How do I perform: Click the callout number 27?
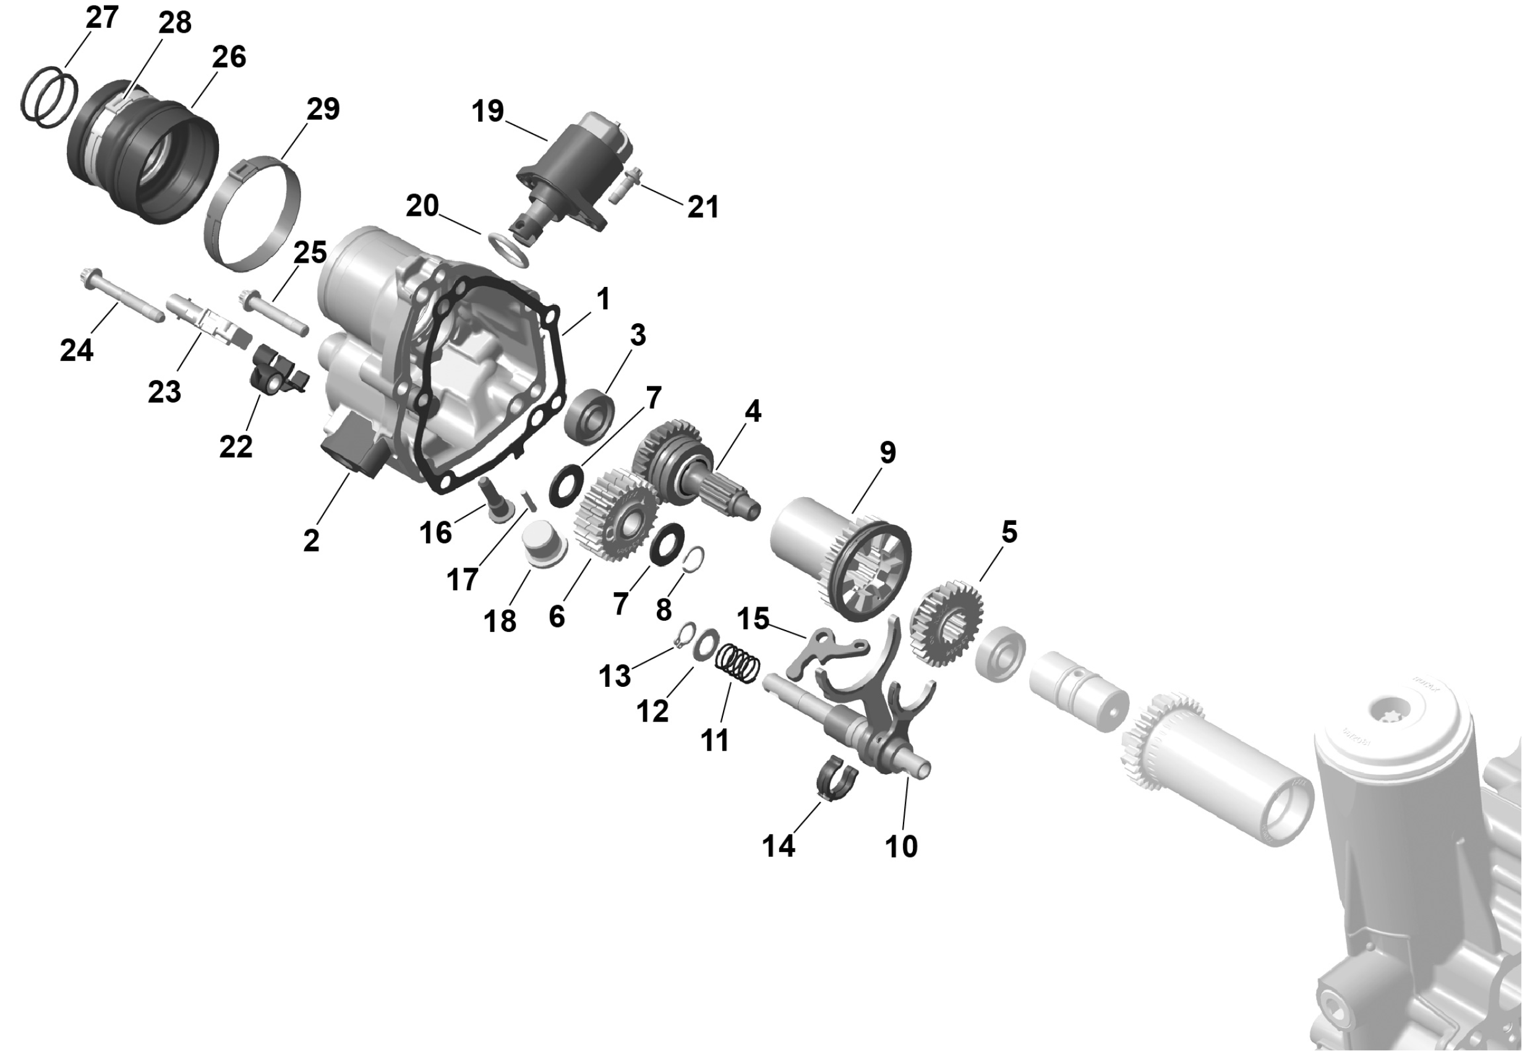coord(102,17)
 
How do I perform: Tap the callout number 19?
coord(487,111)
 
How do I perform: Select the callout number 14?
coord(779,846)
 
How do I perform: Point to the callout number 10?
coord(901,846)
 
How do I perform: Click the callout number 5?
coord(1009,532)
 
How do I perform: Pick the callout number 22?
coord(236,446)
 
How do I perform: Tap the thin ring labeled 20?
coord(510,249)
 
